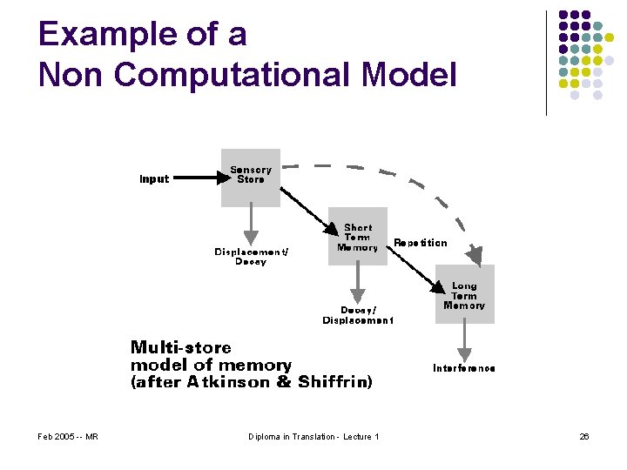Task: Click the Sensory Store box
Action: (x=251, y=177)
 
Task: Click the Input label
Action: (x=154, y=179)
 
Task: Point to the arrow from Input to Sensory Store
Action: (x=195, y=178)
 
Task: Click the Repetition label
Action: (x=421, y=243)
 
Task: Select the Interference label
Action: (x=464, y=368)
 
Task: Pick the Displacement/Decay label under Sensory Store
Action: (x=251, y=257)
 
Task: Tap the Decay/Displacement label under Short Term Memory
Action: (x=358, y=314)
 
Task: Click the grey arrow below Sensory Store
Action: (x=251, y=224)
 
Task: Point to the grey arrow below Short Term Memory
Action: (x=357, y=283)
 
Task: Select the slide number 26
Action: (x=584, y=436)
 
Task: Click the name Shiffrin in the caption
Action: (x=335, y=381)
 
